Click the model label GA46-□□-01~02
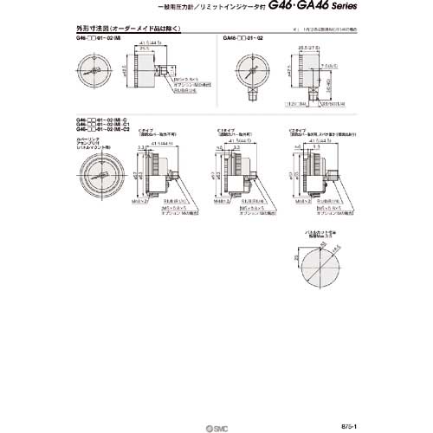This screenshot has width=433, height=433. click(249, 40)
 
